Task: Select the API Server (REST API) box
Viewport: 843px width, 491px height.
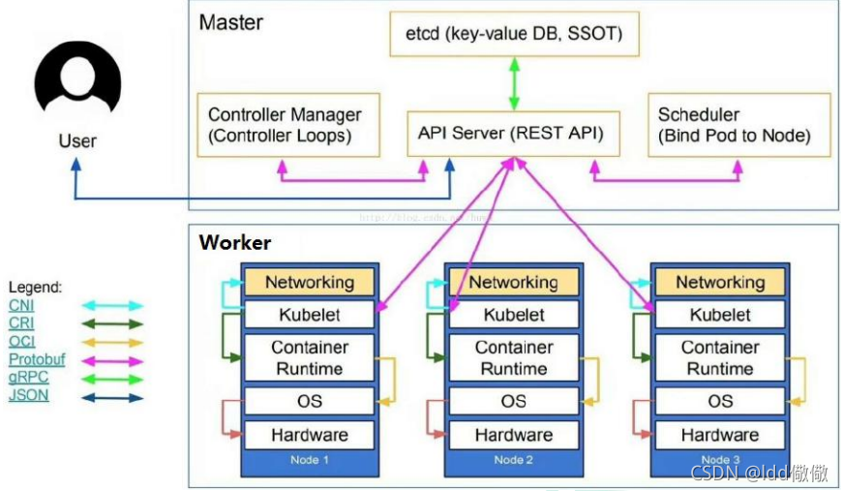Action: (x=511, y=134)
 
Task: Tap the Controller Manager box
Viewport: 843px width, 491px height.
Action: (x=286, y=125)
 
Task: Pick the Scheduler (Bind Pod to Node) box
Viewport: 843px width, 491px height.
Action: (x=738, y=125)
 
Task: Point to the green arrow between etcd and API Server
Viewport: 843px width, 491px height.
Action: (x=513, y=84)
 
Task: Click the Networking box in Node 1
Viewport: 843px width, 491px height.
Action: (x=309, y=283)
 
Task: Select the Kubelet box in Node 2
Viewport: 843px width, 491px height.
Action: (x=513, y=315)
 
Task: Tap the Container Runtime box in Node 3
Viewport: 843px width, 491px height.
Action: (x=719, y=357)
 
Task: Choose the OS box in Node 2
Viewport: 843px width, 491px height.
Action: (x=513, y=401)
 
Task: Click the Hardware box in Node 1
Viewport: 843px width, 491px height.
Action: (x=309, y=435)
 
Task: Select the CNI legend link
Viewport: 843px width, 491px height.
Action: (x=20, y=305)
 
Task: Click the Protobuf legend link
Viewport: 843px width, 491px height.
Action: (x=37, y=359)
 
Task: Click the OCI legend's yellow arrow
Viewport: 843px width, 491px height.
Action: (x=111, y=342)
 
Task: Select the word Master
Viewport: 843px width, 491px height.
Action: (x=230, y=21)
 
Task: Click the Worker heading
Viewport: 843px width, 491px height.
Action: (x=235, y=243)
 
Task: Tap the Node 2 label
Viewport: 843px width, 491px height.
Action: (x=513, y=459)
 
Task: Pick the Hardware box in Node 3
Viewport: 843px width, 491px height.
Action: (x=719, y=435)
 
